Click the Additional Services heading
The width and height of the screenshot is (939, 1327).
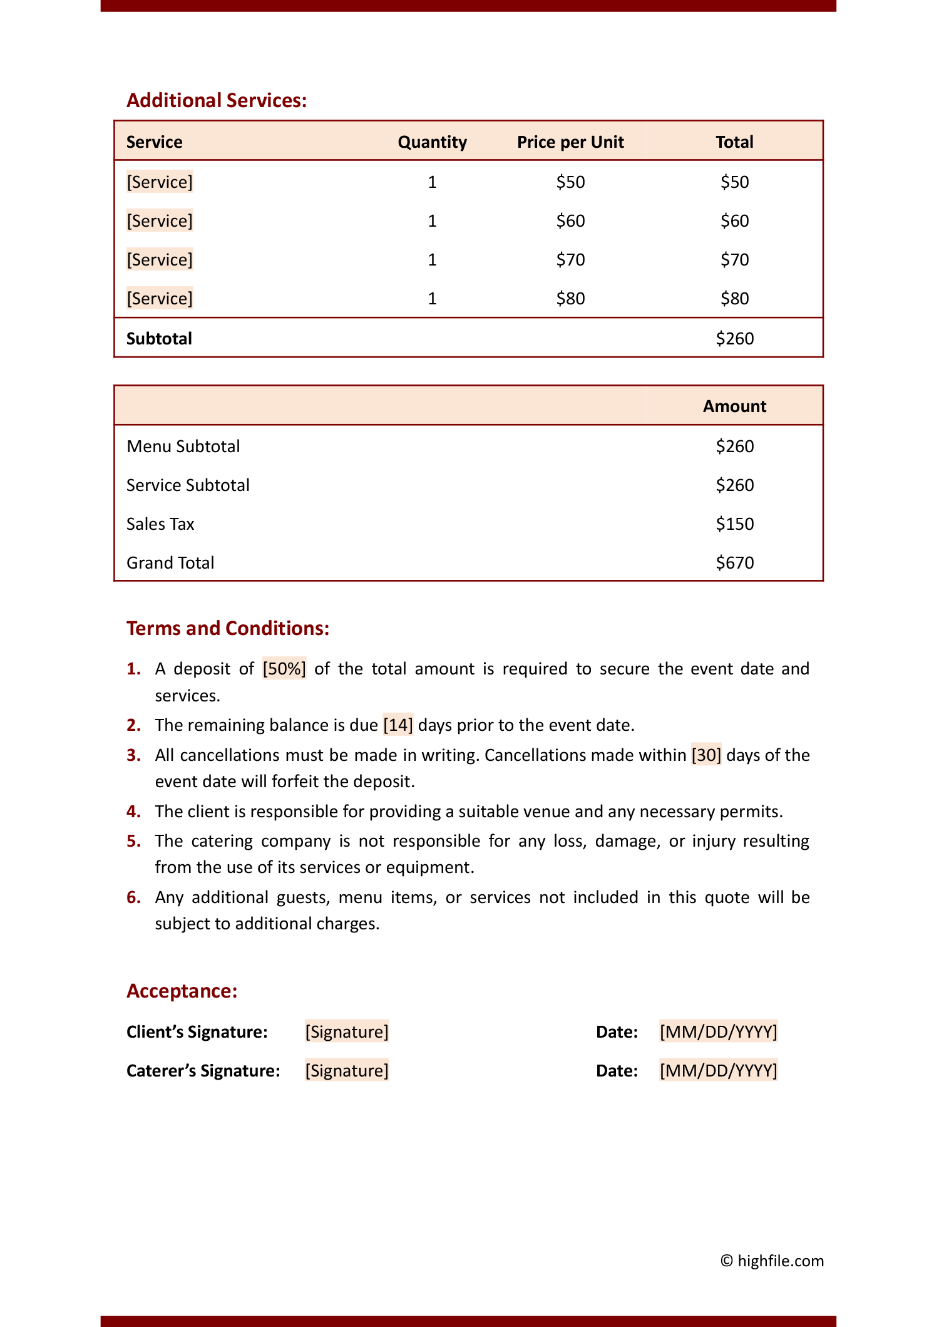point(217,101)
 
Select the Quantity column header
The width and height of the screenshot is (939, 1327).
point(432,142)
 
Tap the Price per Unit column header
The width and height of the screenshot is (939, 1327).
point(570,142)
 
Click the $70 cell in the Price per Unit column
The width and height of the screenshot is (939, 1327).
point(570,260)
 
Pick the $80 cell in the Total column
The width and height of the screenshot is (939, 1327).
point(734,299)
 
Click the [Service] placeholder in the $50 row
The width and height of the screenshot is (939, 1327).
point(160,182)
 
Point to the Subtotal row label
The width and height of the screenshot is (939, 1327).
point(159,339)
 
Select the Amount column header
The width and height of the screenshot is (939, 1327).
point(734,406)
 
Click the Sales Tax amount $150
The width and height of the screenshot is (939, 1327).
point(734,524)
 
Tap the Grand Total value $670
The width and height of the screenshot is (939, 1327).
point(734,563)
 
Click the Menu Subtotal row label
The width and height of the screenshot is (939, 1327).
point(183,447)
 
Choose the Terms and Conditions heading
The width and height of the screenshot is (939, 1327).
point(228,629)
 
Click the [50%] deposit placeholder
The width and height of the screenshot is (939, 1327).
point(284,669)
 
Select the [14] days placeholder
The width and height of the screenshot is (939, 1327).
point(398,725)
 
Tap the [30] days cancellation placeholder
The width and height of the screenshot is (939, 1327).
point(706,755)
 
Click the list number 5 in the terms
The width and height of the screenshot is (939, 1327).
point(133,841)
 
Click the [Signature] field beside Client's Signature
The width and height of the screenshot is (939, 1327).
point(347,1032)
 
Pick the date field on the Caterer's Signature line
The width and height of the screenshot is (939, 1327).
point(718,1071)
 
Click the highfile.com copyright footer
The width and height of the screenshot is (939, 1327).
point(772,1261)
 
